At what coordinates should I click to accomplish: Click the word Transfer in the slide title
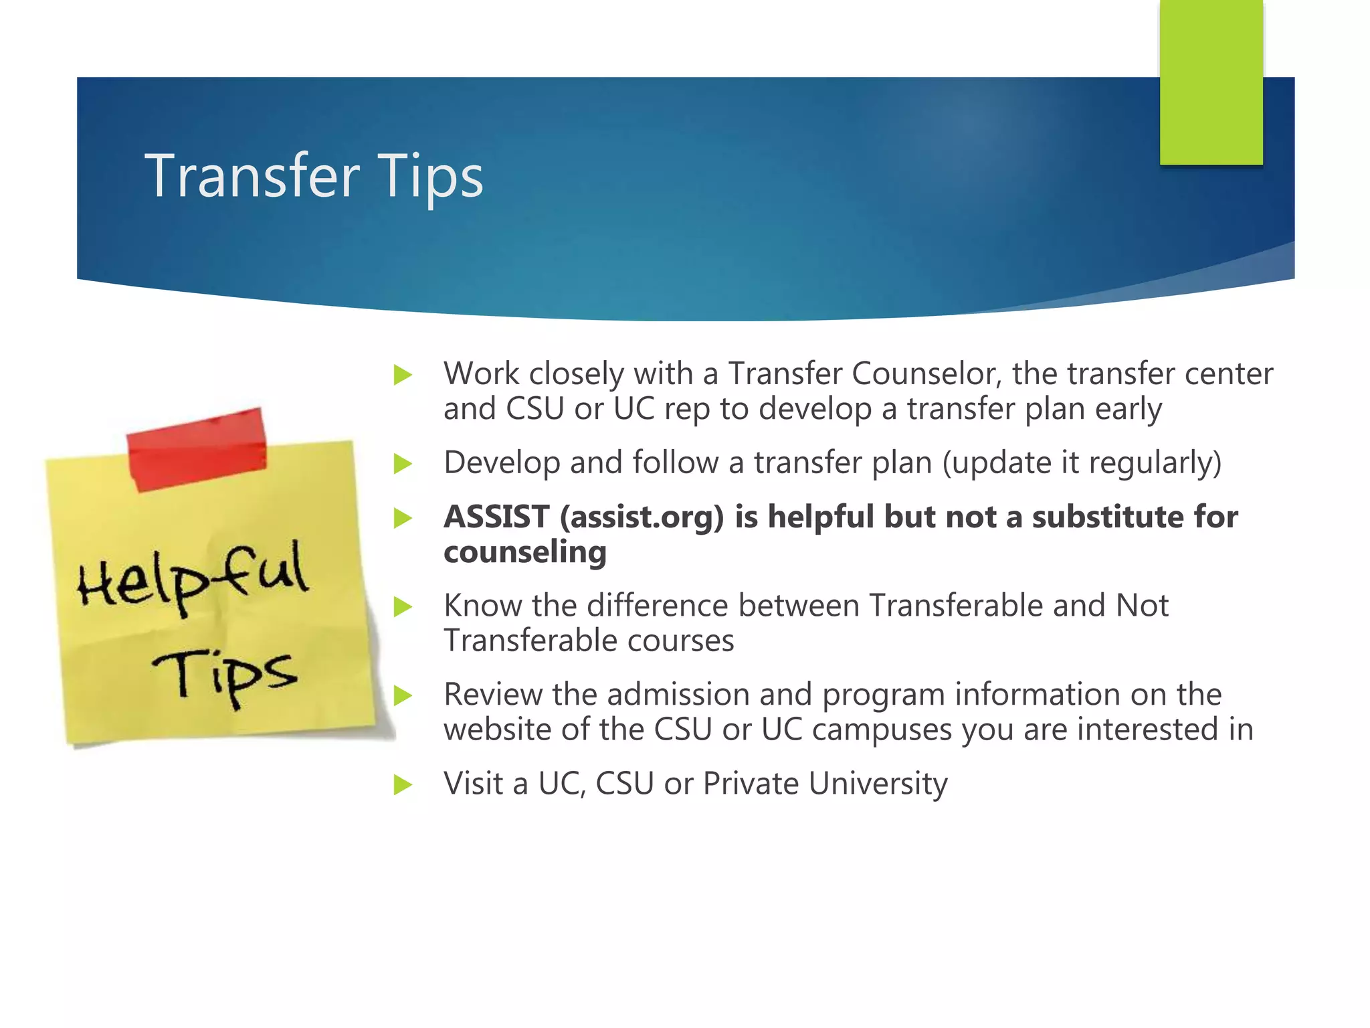point(252,175)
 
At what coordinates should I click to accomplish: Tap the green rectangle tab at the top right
point(1211,84)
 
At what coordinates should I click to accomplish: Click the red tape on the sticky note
point(197,449)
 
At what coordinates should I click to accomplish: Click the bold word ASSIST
point(496,517)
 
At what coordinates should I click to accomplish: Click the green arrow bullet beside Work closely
point(403,375)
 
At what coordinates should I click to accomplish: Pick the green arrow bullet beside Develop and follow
point(403,463)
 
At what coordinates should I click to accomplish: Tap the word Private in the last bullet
point(751,784)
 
